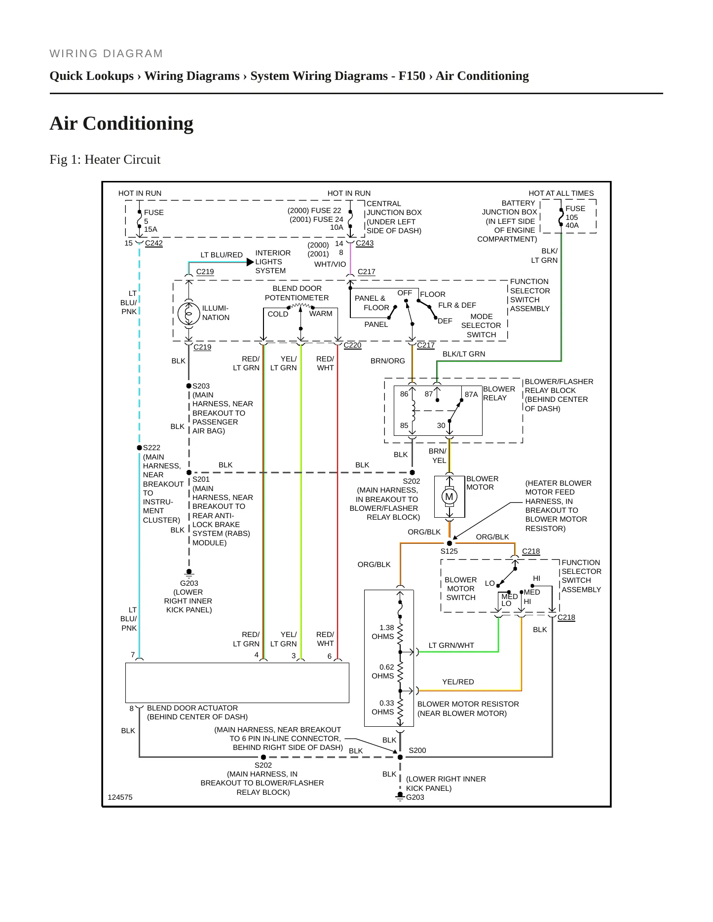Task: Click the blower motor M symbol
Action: pyautogui.click(x=449, y=496)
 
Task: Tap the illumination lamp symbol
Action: pyautogui.click(x=188, y=313)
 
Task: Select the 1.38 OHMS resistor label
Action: pyautogui.click(x=383, y=632)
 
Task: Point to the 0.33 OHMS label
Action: pyautogui.click(x=383, y=708)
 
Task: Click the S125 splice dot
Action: pyautogui.click(x=450, y=543)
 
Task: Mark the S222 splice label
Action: pyautogui.click(x=151, y=448)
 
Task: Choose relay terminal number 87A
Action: pyautogui.click(x=471, y=394)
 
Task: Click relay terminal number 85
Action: pyautogui.click(x=404, y=426)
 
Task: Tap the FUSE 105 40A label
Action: pyautogui.click(x=575, y=217)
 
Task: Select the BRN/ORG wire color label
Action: pyautogui.click(x=388, y=361)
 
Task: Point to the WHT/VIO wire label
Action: pyautogui.click(x=330, y=264)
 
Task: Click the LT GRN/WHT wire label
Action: pyautogui.click(x=451, y=645)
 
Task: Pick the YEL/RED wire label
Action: pyautogui.click(x=458, y=682)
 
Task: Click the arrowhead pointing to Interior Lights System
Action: pyautogui.click(x=250, y=262)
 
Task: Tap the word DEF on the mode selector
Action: pyautogui.click(x=445, y=321)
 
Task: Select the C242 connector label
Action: pyautogui.click(x=154, y=243)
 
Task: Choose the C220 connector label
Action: pyautogui.click(x=352, y=345)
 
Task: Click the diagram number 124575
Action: pyautogui.click(x=120, y=797)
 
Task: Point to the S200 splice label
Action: pyautogui.click(x=417, y=750)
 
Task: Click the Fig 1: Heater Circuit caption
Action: pyautogui.click(x=105, y=160)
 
